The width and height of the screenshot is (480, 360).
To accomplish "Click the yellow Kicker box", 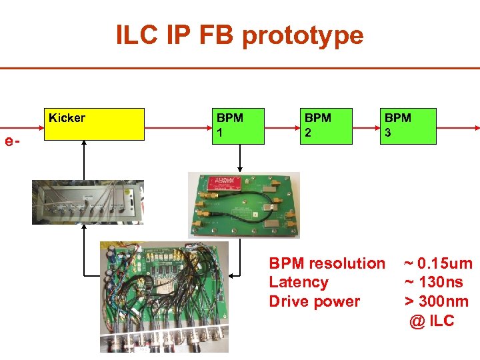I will [x=93, y=124].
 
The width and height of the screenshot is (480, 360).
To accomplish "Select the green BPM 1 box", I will [x=237, y=126].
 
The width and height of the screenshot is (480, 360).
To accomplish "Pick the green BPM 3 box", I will [x=408, y=126].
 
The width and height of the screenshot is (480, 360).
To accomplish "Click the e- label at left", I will [x=11, y=141].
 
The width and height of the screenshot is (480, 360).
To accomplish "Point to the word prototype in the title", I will [x=303, y=35].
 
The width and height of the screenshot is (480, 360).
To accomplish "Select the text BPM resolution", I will [x=327, y=263].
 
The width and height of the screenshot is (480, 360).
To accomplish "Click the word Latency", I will [x=298, y=282].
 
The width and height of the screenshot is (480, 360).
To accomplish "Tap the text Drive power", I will [x=314, y=301].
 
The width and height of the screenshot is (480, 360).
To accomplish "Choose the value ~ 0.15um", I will [x=438, y=263].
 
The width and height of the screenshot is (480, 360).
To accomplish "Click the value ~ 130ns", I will [x=433, y=282].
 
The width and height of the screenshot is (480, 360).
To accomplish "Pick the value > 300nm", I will [x=437, y=301].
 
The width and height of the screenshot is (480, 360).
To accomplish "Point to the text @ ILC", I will [x=432, y=321].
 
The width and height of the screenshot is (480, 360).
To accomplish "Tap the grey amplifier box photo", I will [x=87, y=202].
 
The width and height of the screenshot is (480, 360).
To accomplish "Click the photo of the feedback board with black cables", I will [x=164, y=297].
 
